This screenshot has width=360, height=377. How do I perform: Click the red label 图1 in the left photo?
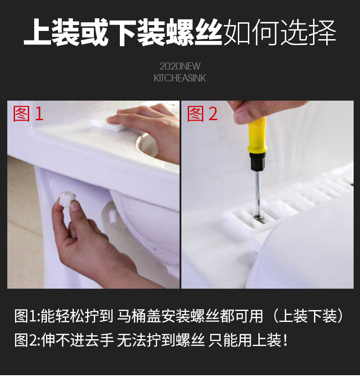click(x=28, y=113)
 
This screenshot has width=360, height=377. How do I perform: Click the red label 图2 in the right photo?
click(x=203, y=113)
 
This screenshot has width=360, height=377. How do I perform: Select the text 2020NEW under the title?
click(x=180, y=66)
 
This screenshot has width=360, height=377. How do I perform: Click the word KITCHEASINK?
click(x=180, y=78)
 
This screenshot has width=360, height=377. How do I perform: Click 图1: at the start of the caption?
click(x=27, y=316)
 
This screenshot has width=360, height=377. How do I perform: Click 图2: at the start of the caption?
click(x=27, y=340)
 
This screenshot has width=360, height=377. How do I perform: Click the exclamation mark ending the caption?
click(x=286, y=340)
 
